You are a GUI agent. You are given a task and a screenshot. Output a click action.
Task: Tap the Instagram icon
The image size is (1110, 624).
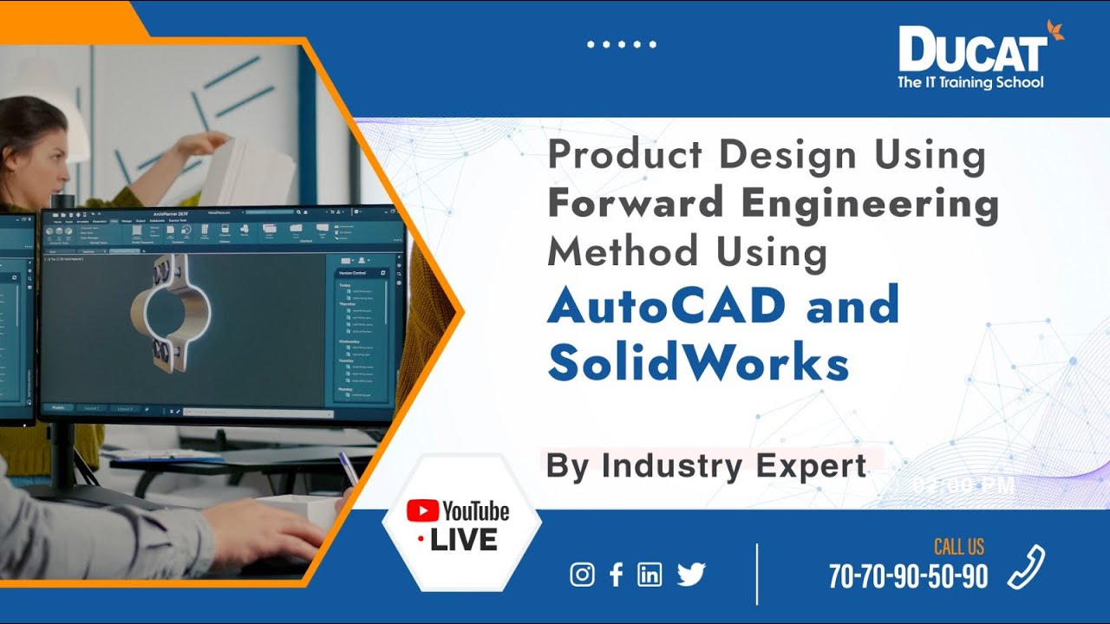coord(583,575)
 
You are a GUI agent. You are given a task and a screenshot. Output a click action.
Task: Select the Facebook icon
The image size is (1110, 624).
coord(616,575)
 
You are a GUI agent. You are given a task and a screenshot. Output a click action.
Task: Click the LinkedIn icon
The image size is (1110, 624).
coord(650,575)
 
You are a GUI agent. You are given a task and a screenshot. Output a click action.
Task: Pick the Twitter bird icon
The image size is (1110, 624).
coord(691,574)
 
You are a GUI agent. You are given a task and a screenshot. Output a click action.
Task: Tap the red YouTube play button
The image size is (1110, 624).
coord(421,511)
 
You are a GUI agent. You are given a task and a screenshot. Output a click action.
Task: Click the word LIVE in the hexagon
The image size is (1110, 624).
coord(463,540)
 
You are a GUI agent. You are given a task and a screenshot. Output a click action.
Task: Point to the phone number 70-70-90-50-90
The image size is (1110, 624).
coord(908,576)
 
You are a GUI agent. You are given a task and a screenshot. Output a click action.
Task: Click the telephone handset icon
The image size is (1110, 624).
coord(1027,568)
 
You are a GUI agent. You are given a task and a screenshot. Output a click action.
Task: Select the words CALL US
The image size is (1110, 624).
coord(958,547)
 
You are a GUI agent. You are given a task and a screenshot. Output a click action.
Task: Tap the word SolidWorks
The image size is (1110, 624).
coord(698,363)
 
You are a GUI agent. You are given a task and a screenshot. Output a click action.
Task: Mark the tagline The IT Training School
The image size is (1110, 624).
coord(970,83)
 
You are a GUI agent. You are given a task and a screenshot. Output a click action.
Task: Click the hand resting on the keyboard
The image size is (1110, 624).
coord(260,529)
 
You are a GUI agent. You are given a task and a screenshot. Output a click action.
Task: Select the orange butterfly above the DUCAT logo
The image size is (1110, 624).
coord(1054,30)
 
